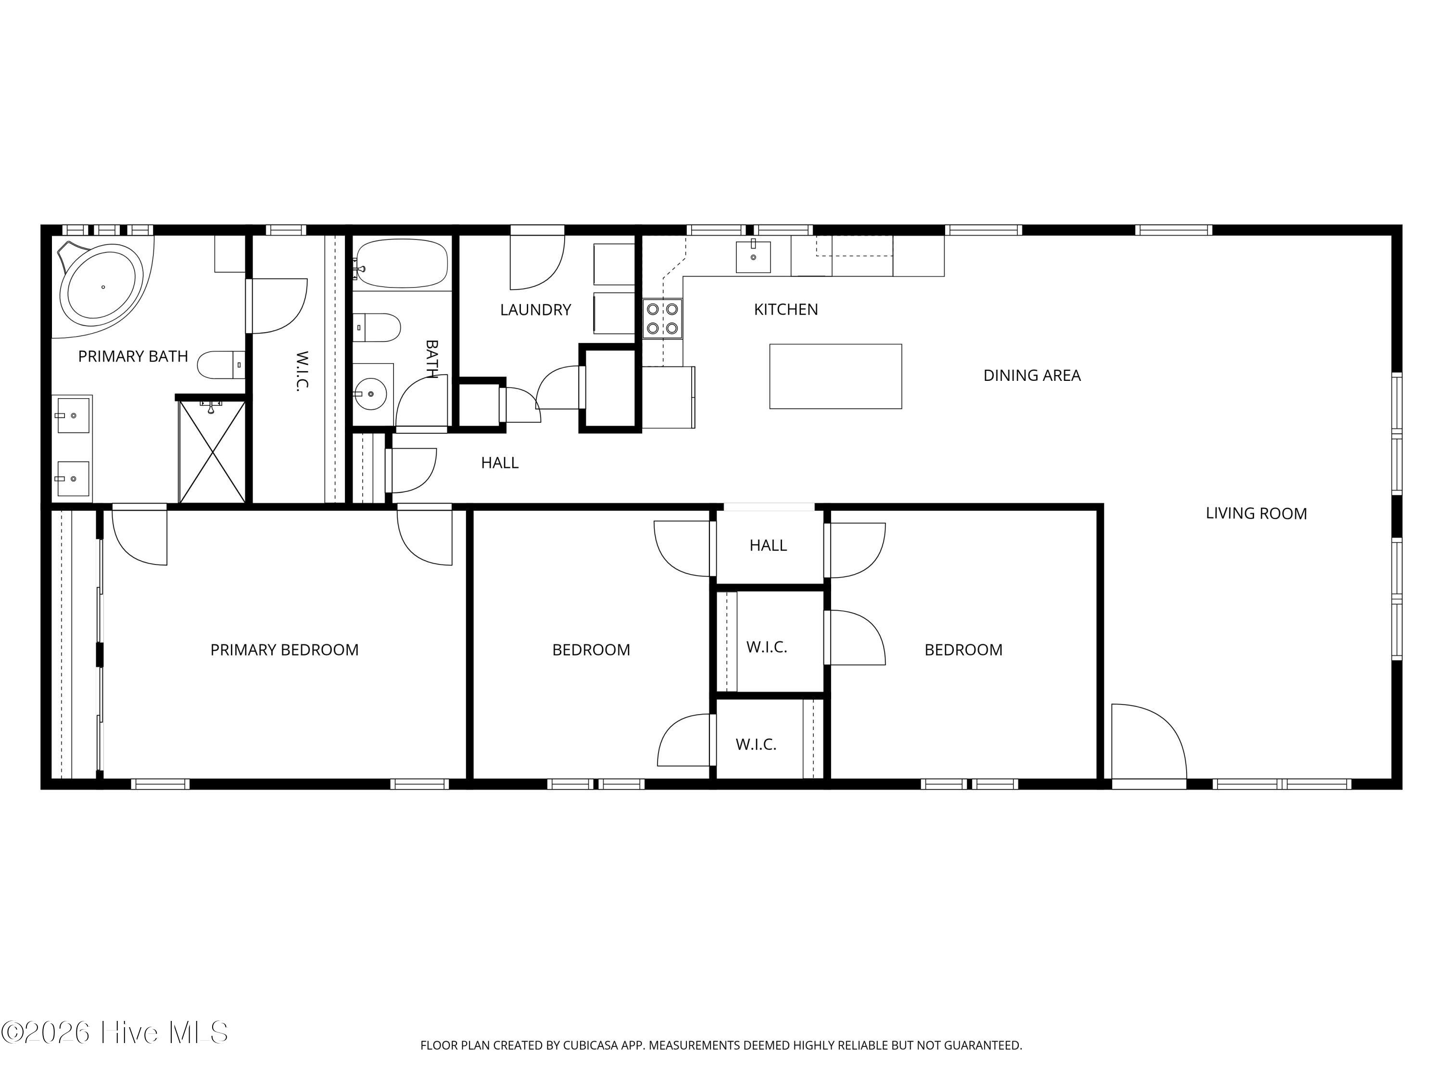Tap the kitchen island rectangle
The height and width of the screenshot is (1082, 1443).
pyautogui.click(x=835, y=377)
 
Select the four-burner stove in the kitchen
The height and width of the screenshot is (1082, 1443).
pyautogui.click(x=662, y=319)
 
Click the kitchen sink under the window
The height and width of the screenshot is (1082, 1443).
pyautogui.click(x=753, y=256)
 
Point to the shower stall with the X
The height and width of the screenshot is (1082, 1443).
pyautogui.click(x=213, y=452)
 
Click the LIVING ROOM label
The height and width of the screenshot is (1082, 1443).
pyautogui.click(x=1256, y=513)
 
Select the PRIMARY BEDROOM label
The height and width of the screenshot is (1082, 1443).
pyautogui.click(x=284, y=650)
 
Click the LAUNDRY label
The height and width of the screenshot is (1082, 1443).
pyautogui.click(x=535, y=310)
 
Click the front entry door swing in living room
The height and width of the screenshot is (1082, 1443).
pyautogui.click(x=1148, y=742)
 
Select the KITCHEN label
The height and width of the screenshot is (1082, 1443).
pyautogui.click(x=786, y=309)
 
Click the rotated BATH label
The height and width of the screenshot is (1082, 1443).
pyautogui.click(x=431, y=358)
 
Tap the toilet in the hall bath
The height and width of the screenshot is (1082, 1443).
pyautogui.click(x=377, y=327)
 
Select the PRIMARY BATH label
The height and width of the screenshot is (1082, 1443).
pyautogui.click(x=133, y=356)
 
